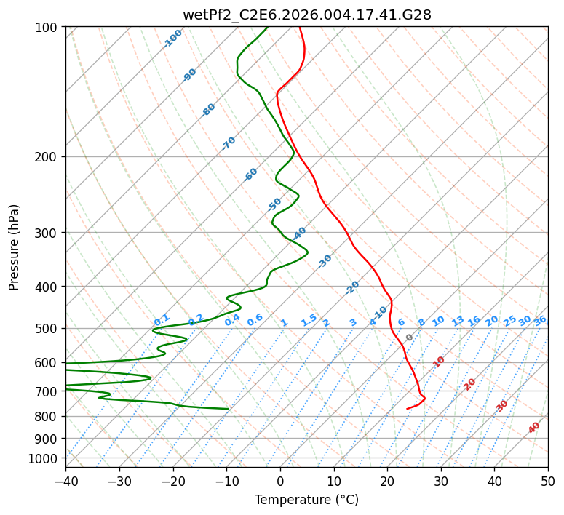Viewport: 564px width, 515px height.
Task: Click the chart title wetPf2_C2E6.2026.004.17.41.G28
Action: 306,15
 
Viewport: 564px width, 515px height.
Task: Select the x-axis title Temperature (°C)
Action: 306,500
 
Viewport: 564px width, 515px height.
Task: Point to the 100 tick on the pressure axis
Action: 49,28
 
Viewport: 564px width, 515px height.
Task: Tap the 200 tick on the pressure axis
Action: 49,157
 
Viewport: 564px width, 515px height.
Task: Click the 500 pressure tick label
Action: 49,329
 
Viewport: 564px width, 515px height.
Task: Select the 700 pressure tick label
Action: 49,391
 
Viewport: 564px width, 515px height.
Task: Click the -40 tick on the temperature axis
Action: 65,481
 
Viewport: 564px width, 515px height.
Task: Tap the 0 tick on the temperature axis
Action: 280,481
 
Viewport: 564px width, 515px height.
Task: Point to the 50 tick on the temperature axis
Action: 548,481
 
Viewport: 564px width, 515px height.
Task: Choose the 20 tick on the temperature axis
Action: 387,481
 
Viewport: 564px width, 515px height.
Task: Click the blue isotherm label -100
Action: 172,38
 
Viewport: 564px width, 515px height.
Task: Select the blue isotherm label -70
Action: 229,143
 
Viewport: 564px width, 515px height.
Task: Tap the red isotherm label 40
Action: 534,428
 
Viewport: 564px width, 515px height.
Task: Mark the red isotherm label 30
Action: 502,405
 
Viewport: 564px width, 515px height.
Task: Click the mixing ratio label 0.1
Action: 162,319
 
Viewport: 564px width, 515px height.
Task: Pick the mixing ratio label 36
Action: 540,320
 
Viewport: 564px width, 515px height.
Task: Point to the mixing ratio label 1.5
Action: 309,319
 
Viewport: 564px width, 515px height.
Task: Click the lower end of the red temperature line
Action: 408,409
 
